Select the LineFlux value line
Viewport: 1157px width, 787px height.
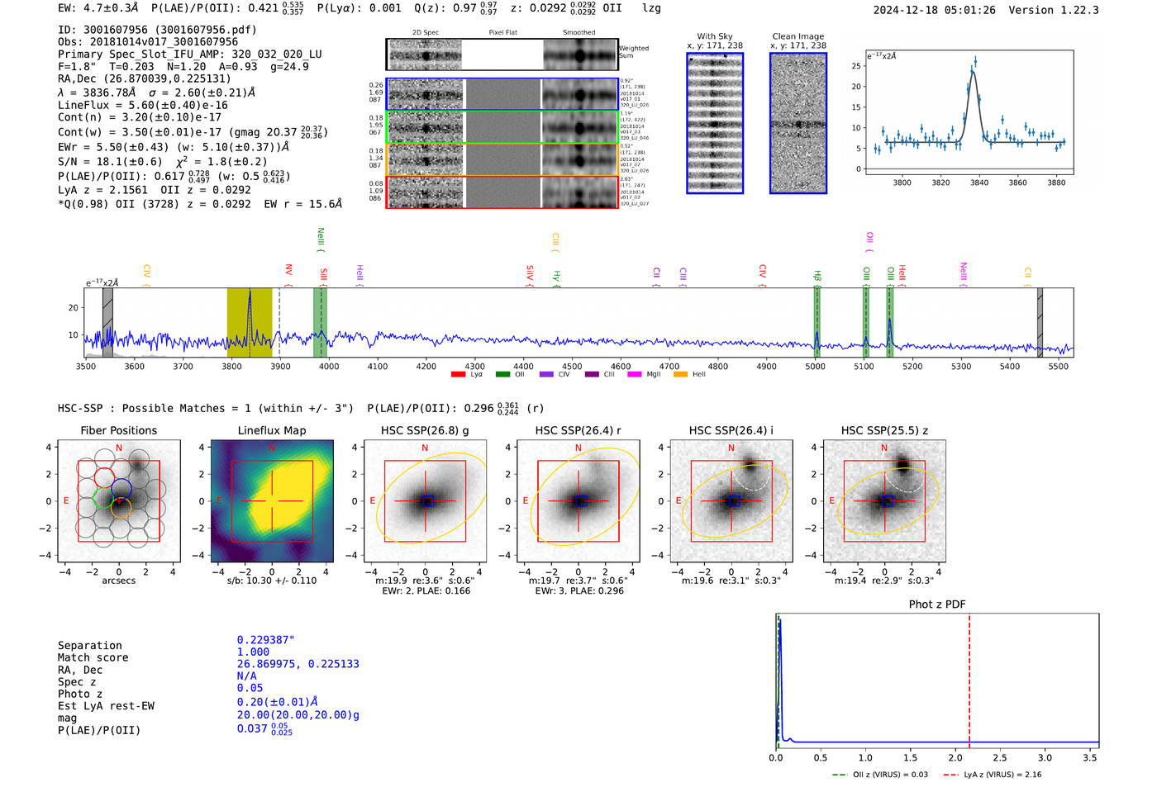click(142, 105)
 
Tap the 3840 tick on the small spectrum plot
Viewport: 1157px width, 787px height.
click(978, 183)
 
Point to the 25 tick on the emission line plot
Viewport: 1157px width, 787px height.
click(856, 66)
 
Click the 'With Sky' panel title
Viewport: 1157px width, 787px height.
click(714, 36)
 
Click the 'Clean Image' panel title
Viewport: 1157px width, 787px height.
click(798, 36)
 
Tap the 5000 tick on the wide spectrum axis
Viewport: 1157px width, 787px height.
click(815, 366)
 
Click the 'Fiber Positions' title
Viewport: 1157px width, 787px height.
click(118, 430)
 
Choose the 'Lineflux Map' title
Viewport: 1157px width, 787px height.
click(271, 430)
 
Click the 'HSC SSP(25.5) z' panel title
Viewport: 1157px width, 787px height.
click(884, 430)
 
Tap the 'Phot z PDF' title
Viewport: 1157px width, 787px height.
click(936, 604)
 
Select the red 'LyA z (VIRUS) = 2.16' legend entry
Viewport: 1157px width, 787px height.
click(992, 775)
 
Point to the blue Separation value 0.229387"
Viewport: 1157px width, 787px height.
click(265, 640)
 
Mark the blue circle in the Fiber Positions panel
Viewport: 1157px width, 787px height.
click(121, 487)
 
